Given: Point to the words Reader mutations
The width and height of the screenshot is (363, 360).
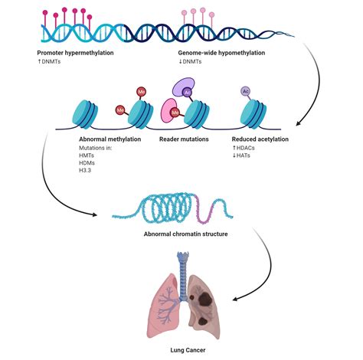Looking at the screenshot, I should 185,139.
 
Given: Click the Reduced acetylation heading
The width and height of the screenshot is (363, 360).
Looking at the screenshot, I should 260,139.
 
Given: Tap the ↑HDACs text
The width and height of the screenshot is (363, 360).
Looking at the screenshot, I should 245,149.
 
